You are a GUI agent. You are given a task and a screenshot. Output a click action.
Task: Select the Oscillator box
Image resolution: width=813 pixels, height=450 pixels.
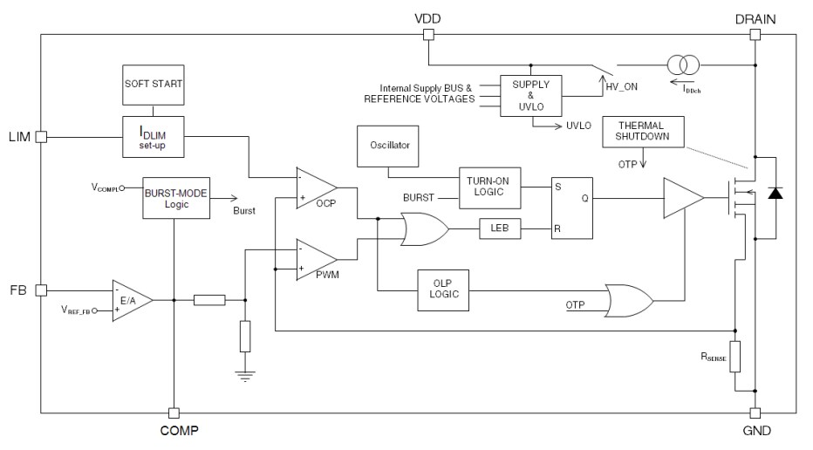(389, 145)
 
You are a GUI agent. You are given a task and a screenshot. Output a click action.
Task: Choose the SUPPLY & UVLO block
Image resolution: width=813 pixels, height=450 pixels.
(530, 96)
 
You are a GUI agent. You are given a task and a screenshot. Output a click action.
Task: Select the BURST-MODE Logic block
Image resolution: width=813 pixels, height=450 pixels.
(176, 199)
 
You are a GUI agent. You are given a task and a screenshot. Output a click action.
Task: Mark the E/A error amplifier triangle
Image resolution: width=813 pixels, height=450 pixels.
(132, 299)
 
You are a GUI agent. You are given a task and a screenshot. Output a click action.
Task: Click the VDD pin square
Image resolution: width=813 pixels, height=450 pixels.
(428, 35)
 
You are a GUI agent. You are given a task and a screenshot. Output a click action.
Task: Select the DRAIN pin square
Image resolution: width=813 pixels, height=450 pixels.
(755, 35)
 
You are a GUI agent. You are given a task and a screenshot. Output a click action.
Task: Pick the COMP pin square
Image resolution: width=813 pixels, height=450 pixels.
(174, 412)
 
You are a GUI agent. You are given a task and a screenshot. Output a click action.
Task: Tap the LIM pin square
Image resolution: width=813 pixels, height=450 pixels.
(41, 136)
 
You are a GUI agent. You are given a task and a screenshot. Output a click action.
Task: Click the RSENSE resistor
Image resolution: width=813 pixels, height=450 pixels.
(735, 357)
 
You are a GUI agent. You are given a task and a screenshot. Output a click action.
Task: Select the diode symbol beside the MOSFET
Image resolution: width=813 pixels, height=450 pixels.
(774, 194)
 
